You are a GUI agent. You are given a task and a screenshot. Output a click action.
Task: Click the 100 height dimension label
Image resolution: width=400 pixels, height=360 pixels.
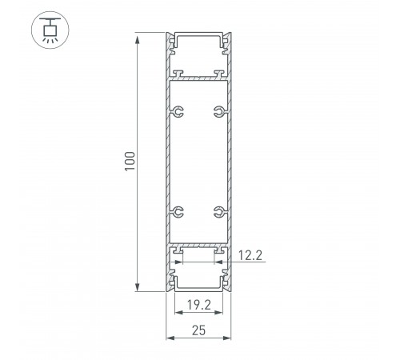coord(130,162)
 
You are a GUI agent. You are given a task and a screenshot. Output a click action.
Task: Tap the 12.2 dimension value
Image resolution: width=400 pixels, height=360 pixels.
coord(250,255)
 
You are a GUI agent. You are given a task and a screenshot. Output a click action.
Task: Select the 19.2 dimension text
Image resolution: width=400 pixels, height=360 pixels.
coord(199,305)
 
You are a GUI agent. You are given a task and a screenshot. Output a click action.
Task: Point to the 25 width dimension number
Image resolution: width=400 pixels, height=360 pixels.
coord(199,330)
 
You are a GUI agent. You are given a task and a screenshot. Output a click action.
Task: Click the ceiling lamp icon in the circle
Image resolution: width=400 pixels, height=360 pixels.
coord(50,30)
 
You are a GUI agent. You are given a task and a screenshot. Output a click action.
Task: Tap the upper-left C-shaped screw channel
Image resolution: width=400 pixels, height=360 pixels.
coord(178,111)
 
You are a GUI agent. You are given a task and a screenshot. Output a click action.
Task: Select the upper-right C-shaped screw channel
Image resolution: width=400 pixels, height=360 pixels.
coord(220,111)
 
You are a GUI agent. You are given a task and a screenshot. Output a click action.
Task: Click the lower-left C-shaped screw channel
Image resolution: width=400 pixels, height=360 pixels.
coord(178,212)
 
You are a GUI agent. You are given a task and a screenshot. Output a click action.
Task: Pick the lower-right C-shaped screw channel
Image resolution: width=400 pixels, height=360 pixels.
coord(220,212)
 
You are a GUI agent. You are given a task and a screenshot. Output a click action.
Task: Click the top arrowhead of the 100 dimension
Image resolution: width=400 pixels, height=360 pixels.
coord(138,39)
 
